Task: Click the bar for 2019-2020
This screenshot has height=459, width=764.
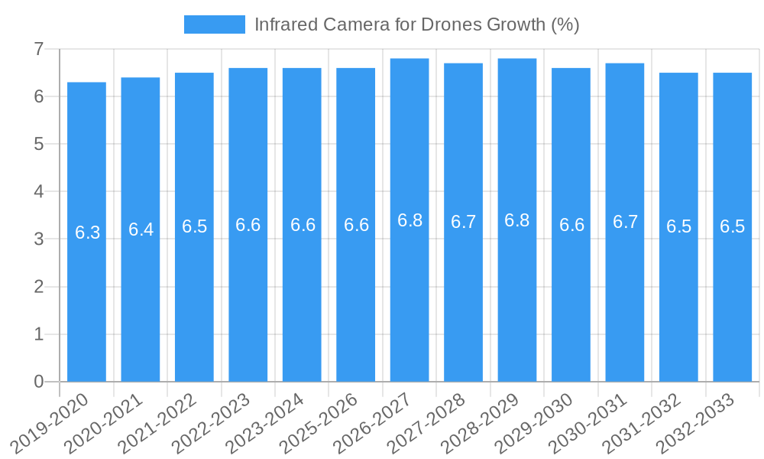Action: (86, 306)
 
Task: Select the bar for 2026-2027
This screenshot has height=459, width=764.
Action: (410, 306)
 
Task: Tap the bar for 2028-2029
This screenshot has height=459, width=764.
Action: (517, 306)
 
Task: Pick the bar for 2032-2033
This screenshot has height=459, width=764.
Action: (733, 306)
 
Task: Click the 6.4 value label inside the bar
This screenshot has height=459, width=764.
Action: (141, 229)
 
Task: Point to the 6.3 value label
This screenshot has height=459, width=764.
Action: (87, 233)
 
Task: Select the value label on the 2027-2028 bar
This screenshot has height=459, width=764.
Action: (464, 222)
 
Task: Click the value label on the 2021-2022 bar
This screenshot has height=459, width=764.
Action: (195, 226)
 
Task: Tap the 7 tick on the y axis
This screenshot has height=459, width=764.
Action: (38, 49)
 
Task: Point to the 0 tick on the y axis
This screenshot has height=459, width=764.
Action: (38, 382)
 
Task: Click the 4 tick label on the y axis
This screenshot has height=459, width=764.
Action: (38, 191)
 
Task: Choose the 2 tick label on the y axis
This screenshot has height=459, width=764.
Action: (38, 287)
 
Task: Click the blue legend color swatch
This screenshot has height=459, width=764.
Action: (214, 24)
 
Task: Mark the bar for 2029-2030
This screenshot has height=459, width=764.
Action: (571, 306)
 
